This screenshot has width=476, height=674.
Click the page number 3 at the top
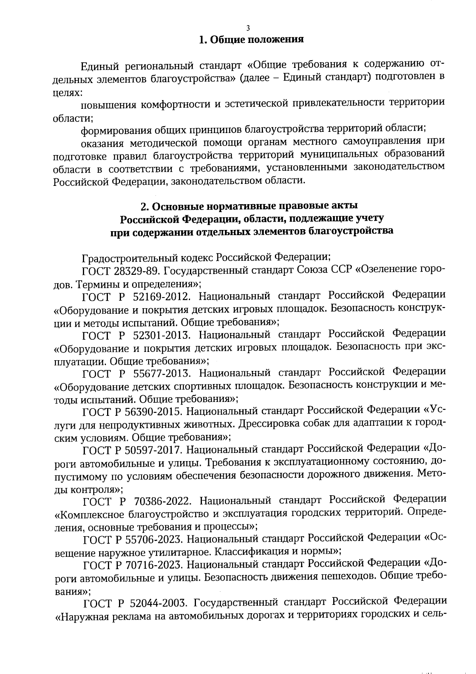pos(248,28)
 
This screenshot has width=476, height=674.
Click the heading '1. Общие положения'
pos(251,40)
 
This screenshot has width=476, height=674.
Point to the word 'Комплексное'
pos(92,515)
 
